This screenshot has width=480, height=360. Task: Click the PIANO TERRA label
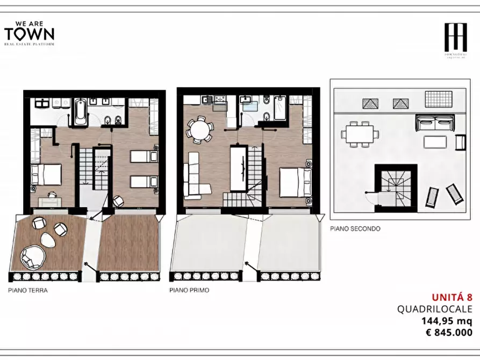pos(28,291)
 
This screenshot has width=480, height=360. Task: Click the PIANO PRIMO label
pos(189,290)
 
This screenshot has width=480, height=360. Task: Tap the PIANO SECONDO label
pos(355,228)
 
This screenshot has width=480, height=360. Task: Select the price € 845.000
pos(449,333)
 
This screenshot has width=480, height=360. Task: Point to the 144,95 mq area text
pos(446,321)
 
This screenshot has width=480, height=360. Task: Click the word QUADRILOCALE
pos(434,309)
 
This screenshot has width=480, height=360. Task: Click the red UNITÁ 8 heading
pos(452,297)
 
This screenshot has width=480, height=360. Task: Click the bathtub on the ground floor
pos(80,112)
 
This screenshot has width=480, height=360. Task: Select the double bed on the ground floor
pos(46,175)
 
